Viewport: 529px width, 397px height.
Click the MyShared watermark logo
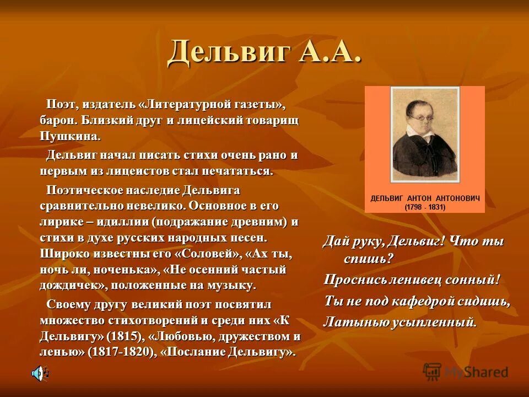[465, 372]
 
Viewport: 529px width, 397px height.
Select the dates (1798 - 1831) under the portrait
[425, 207]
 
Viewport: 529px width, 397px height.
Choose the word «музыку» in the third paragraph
[232, 285]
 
